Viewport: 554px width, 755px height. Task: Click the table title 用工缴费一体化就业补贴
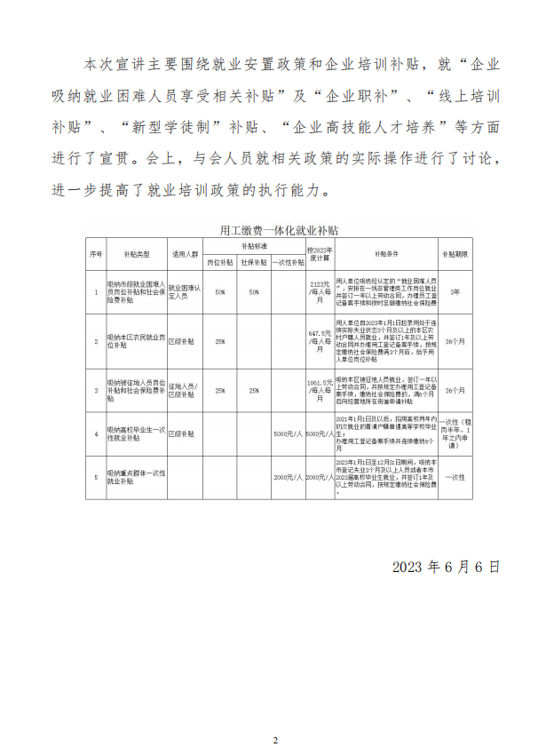point(279,229)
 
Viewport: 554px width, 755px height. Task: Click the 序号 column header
point(96,253)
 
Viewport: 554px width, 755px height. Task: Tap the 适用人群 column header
point(184,253)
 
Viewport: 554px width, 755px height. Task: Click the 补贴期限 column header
point(455,253)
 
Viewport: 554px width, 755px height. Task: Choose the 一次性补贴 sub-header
point(289,262)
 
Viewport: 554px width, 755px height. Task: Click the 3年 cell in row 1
point(455,291)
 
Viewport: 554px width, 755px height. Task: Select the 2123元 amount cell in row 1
point(318,291)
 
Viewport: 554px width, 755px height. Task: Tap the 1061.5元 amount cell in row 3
point(318,390)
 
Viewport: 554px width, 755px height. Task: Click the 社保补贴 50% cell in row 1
point(254,291)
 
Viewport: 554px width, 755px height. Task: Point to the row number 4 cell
point(96,433)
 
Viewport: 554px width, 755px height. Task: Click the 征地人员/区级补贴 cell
point(184,390)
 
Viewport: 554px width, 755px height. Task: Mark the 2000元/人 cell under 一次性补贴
point(289,477)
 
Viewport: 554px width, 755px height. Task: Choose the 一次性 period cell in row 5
point(455,477)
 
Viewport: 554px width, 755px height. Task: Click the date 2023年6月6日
point(446,566)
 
